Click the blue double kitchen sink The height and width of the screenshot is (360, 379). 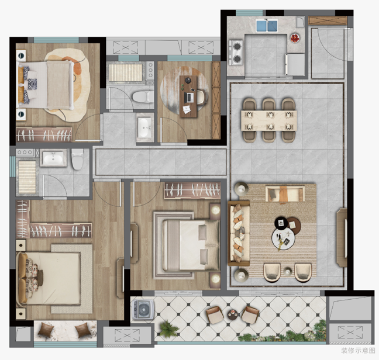click(x=267, y=26)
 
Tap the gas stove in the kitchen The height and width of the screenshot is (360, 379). click(x=236, y=53)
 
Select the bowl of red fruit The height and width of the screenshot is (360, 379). click(x=295, y=38)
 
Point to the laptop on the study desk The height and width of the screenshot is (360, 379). click(x=188, y=98)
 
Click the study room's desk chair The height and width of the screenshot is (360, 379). click(x=202, y=98)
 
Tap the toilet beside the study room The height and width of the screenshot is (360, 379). click(x=143, y=97)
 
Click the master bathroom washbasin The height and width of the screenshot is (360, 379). click(x=53, y=158)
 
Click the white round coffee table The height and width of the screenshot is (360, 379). click(x=283, y=238)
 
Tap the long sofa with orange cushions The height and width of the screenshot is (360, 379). click(x=239, y=233)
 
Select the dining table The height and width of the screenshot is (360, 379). click(x=269, y=120)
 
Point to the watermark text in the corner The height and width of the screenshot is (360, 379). click(x=358, y=350)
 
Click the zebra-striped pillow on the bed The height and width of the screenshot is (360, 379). click(x=32, y=84)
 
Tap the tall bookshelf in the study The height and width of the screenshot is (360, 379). click(x=216, y=100)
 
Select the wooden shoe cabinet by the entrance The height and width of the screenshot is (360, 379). click(x=328, y=20)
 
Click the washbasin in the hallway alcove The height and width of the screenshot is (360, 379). click(x=145, y=127)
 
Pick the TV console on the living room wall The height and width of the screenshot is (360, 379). click(x=342, y=237)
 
